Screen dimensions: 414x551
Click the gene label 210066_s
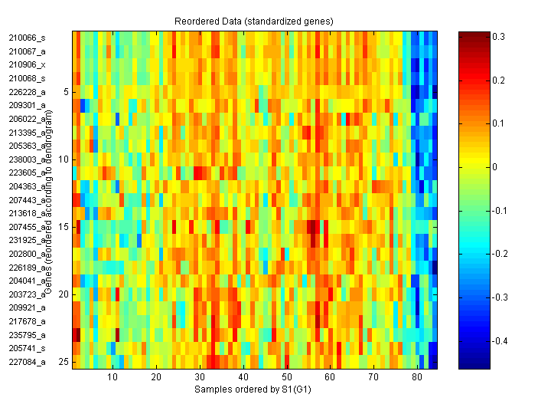click(x=27, y=38)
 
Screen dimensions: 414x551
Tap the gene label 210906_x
click(x=27, y=64)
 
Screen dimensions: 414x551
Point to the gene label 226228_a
click(x=27, y=92)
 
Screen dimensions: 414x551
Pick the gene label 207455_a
click(x=27, y=227)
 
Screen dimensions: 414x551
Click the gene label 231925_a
click(x=27, y=240)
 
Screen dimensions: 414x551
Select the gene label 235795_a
click(x=27, y=335)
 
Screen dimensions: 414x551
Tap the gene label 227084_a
click(x=27, y=362)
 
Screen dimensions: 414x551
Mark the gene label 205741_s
click(x=27, y=348)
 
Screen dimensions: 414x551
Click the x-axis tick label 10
click(x=112, y=377)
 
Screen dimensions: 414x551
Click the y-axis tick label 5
click(x=66, y=91)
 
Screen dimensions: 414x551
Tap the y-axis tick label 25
click(x=64, y=362)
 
